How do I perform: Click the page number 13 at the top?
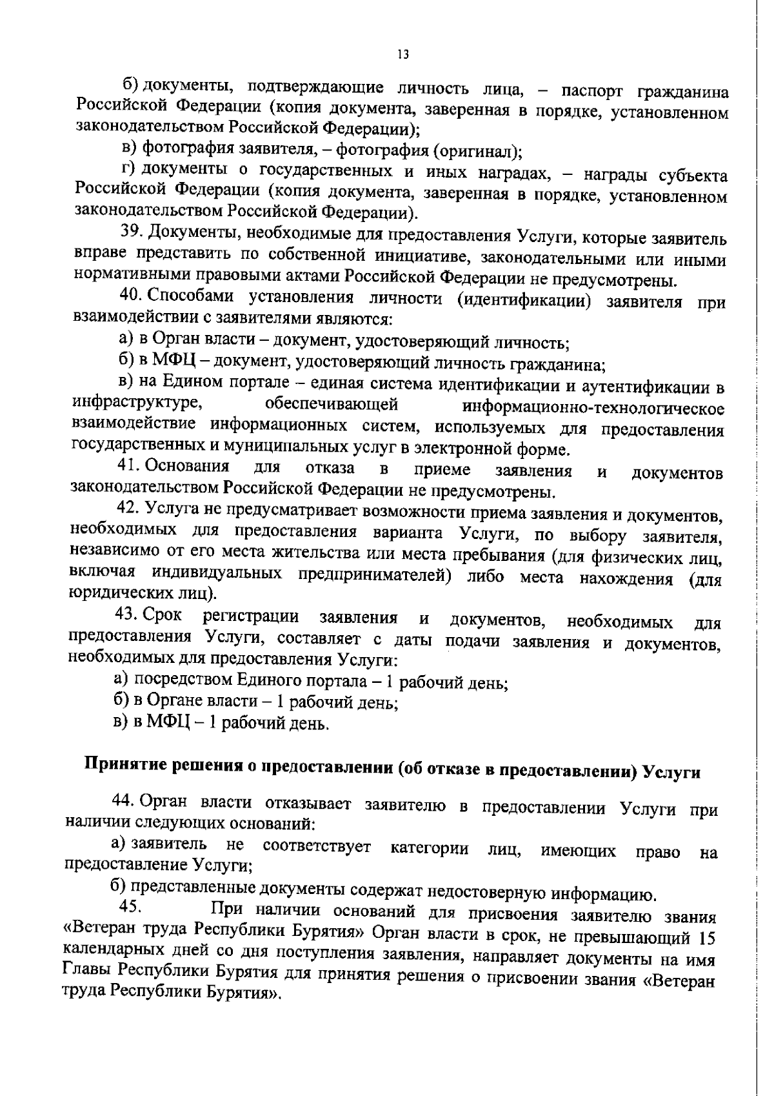click(x=403, y=55)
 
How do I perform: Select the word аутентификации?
click(x=646, y=387)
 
